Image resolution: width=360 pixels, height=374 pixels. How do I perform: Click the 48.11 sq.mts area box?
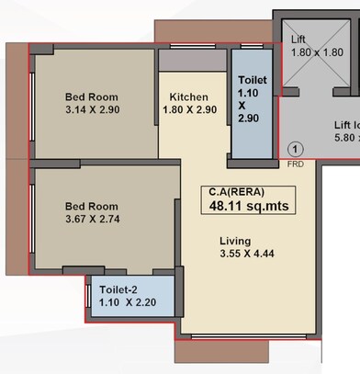pyautogui.click(x=248, y=206)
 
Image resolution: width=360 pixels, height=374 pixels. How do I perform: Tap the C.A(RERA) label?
pyautogui.click(x=237, y=190)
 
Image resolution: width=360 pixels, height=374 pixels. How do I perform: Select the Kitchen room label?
pyautogui.click(x=189, y=97)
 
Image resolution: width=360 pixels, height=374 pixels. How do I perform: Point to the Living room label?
pyautogui.click(x=234, y=242)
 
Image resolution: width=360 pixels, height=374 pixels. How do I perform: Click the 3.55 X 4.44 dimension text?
pyautogui.click(x=248, y=255)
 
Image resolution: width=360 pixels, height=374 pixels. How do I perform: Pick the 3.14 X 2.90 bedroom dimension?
pyautogui.click(x=93, y=110)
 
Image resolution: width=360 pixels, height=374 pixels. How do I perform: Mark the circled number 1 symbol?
pyautogui.click(x=295, y=148)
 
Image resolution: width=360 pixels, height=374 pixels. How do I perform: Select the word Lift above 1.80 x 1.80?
pyautogui.click(x=298, y=40)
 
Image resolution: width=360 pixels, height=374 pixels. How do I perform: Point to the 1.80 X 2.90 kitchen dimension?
pyautogui.click(x=189, y=110)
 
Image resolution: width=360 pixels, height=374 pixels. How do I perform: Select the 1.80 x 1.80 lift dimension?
pyautogui.click(x=316, y=52)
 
